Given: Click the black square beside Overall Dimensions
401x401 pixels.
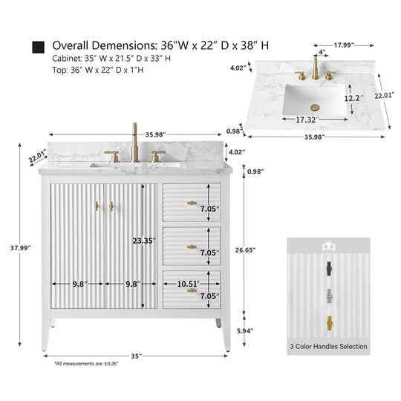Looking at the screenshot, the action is (39, 47).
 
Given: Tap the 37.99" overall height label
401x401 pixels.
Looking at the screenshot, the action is (21, 248).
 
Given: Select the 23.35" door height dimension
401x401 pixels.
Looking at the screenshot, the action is (144, 241).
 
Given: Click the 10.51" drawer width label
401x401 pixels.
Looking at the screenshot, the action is (188, 284).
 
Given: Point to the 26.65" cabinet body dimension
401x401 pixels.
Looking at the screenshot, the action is (245, 250).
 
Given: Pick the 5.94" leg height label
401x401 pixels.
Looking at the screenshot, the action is (245, 331).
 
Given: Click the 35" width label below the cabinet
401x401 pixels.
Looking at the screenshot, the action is (137, 356).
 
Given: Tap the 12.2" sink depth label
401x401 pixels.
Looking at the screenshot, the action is (353, 98).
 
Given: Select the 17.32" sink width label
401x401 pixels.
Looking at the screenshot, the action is (307, 120).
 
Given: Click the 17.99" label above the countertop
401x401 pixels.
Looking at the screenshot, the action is (344, 45).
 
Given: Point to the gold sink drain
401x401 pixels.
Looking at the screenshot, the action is (315, 108).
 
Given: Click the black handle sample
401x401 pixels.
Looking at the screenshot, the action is (329, 269).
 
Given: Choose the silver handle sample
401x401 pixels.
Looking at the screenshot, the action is (330, 296).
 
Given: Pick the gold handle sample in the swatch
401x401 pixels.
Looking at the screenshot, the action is (330, 323).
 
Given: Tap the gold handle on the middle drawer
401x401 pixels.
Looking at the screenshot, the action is (192, 247).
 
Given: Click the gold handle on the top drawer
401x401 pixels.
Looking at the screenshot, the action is (192, 203).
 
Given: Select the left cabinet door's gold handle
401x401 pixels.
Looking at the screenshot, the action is (97, 206).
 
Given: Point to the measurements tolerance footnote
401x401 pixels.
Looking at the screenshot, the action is (86, 363).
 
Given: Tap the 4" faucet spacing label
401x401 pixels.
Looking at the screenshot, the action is (322, 52).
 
